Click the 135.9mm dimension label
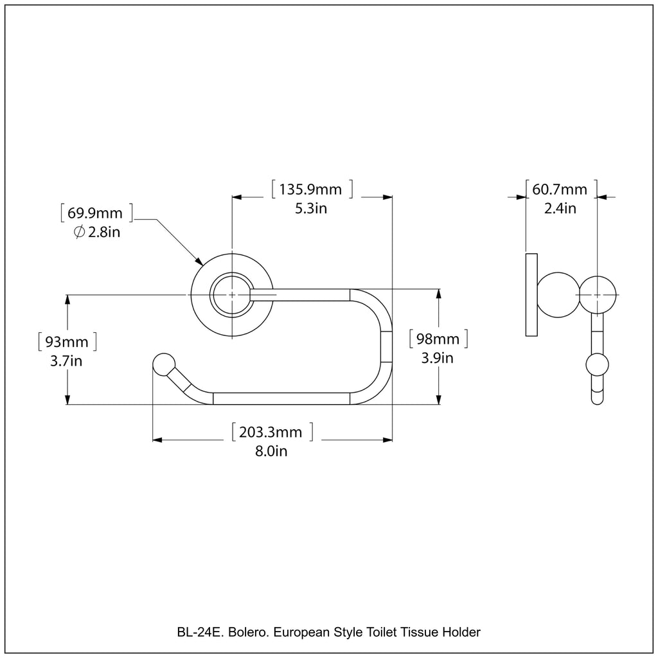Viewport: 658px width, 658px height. tap(312, 190)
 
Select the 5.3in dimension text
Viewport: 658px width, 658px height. tap(312, 208)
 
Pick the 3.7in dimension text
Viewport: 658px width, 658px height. tap(66, 361)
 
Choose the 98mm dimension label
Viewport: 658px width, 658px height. tap(438, 339)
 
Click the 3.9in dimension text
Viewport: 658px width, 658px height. tap(437, 358)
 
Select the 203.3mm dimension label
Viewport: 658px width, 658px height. tap(271, 432)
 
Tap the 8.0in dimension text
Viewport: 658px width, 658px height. tap(271, 451)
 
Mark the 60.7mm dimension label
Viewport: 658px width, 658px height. tap(560, 190)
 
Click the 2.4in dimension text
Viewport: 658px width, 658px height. tap(560, 208)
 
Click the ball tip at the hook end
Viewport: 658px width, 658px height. tap(163, 363)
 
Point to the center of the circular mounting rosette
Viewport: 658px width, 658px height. tap(231, 294)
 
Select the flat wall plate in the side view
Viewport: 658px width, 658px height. tap(531, 295)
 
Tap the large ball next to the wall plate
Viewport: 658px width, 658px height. tap(556, 294)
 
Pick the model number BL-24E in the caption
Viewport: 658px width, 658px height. tap(198, 633)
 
